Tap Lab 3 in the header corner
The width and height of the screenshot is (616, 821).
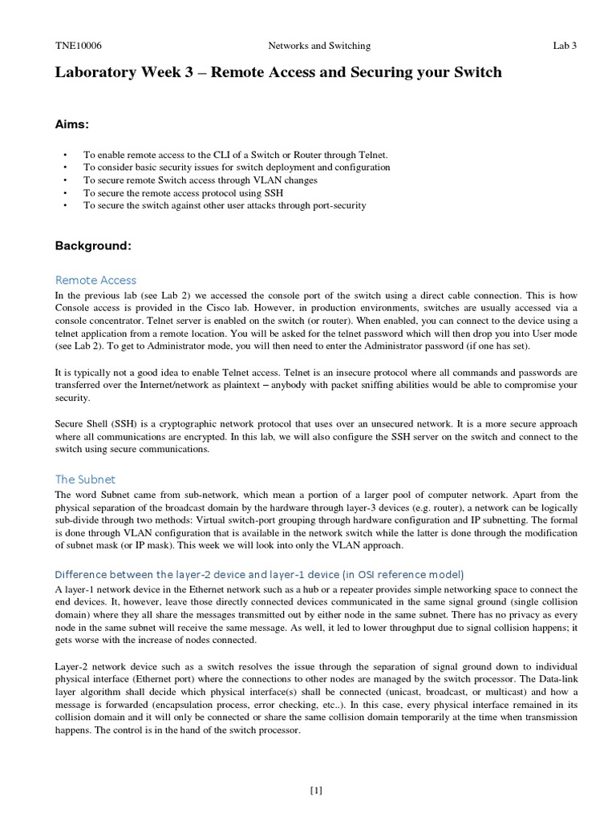click(565, 47)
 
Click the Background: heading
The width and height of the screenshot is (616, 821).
click(93, 245)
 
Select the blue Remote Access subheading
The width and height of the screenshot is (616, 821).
click(95, 280)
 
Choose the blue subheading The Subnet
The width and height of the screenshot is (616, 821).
click(85, 479)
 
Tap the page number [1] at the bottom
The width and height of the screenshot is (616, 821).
click(315, 791)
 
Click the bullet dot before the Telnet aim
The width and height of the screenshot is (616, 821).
click(64, 155)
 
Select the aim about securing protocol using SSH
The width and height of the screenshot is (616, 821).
click(183, 193)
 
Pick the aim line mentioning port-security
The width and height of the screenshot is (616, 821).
click(225, 206)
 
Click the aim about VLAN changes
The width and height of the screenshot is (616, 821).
click(201, 180)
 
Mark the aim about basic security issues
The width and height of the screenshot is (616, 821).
click(237, 168)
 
